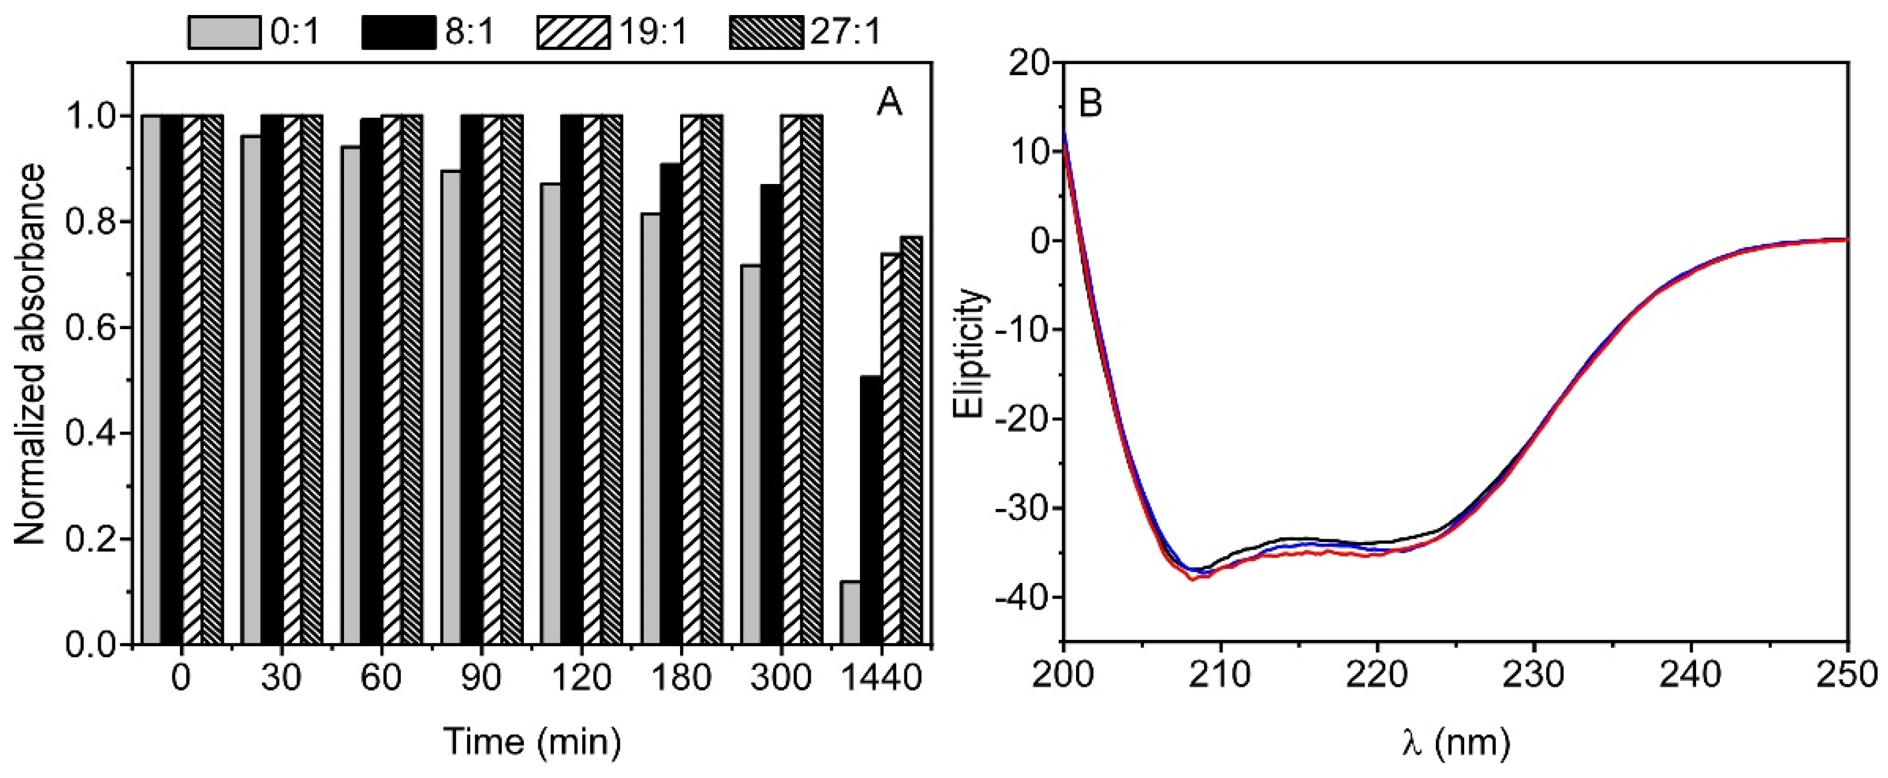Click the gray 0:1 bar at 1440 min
pos(850,613)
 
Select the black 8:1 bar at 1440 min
pos(871,510)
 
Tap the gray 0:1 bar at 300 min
pos(751,455)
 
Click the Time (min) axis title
pos(533,742)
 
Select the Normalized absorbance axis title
pos(31,353)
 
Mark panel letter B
pos(1090,104)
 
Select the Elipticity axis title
pos(971,353)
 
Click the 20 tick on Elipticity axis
pos(1030,62)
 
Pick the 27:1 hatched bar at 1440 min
pos(911,440)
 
